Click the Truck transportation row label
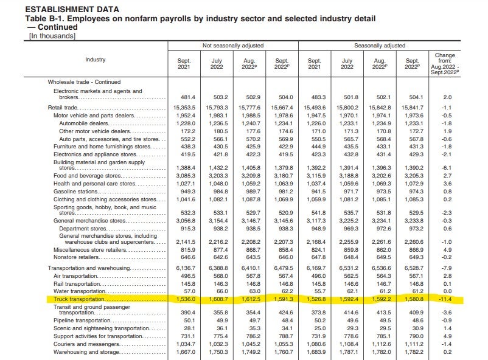pos(79,299)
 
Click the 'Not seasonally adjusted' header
pos(233,46)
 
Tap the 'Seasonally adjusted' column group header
pos(380,46)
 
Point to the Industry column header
pos(96,60)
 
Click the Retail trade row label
pos(63,108)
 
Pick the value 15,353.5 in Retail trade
pos(184,108)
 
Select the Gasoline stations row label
pos(75,192)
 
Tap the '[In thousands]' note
pos(52,36)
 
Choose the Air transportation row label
pos(75,276)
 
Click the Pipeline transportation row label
pos(82,320)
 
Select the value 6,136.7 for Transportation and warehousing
pos(186,268)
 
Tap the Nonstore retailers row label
pos(76,257)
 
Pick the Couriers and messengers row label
pos(86,344)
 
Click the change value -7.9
pos(447,268)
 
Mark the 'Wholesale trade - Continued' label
pos(84,82)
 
